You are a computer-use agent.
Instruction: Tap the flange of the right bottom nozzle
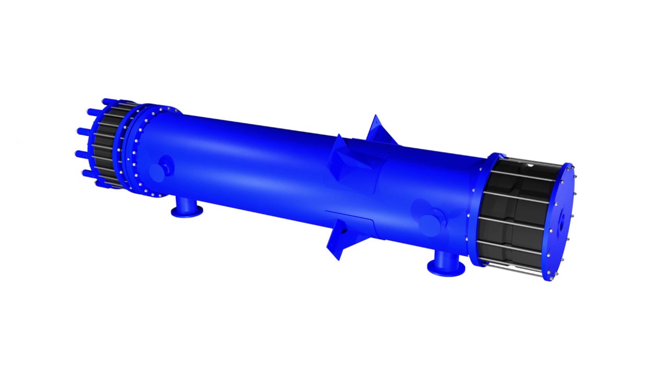[x=446, y=268]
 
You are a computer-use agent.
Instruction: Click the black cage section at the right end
[x=515, y=214]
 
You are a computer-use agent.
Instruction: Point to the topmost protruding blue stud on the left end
[x=110, y=101]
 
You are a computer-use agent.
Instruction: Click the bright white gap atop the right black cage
[x=531, y=166]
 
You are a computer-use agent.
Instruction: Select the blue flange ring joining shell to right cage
[x=477, y=209]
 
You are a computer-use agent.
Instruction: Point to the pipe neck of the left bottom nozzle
[x=184, y=203]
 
